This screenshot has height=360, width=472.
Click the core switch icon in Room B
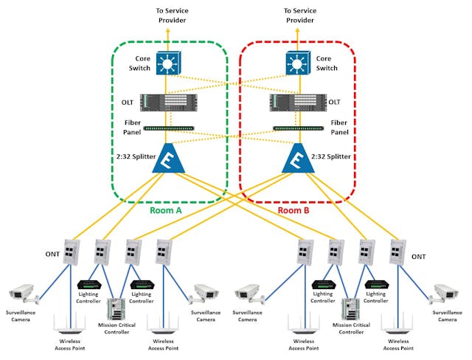point(296,64)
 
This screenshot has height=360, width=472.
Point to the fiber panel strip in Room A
point(168,128)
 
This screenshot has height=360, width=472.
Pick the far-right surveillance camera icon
point(448,293)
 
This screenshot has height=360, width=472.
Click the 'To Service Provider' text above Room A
point(172,15)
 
